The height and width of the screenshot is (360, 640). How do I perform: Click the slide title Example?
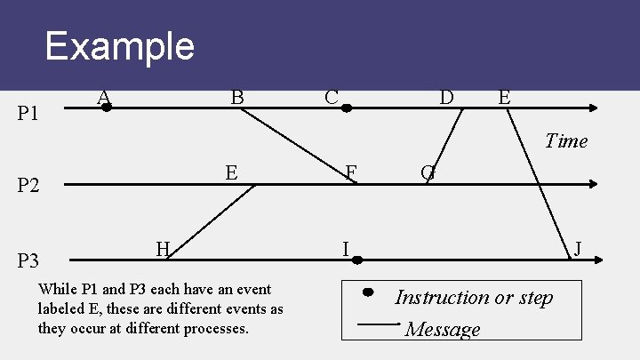(x=119, y=45)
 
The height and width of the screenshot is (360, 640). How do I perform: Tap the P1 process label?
(x=29, y=113)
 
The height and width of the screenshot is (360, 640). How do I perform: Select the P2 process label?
(x=29, y=186)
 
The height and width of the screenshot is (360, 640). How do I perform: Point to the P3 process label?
(x=29, y=260)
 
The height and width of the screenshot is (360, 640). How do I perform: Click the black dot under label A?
(x=106, y=108)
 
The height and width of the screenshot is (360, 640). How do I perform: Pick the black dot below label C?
(x=348, y=108)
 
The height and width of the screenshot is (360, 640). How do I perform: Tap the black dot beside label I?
(x=356, y=260)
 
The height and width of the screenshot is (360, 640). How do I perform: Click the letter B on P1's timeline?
(x=237, y=96)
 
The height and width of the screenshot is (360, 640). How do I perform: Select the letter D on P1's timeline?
(x=446, y=96)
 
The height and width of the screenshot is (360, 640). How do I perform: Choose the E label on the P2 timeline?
(x=231, y=172)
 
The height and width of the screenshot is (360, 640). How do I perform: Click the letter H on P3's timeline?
(x=163, y=248)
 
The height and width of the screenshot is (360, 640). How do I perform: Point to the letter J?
(x=578, y=248)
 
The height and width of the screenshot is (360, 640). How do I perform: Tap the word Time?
(x=566, y=140)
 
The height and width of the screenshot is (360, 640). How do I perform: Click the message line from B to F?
(x=300, y=146)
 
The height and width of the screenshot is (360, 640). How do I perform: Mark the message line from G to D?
(x=447, y=145)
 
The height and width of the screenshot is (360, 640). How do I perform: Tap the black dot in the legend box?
(x=367, y=292)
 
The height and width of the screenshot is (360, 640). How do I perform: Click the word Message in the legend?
(x=443, y=330)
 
